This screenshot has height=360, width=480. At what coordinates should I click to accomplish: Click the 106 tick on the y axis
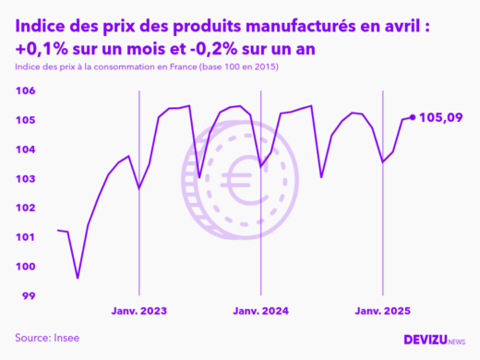point(25,90)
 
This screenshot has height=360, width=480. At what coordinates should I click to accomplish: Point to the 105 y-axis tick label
point(25,120)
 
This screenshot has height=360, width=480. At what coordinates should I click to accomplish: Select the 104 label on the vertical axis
point(25,150)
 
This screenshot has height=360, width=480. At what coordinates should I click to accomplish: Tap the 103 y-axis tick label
point(25,178)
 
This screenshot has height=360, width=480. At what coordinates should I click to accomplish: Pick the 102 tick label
point(25,208)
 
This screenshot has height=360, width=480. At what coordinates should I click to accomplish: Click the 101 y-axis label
point(25,237)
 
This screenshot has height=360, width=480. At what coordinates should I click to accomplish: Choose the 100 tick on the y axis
point(25,267)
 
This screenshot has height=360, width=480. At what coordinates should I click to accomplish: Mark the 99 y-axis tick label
point(28,295)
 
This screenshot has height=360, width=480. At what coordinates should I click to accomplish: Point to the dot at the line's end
point(412,117)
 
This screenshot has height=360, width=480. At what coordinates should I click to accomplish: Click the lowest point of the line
point(78,277)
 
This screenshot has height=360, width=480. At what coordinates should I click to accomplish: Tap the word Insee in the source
point(66,338)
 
